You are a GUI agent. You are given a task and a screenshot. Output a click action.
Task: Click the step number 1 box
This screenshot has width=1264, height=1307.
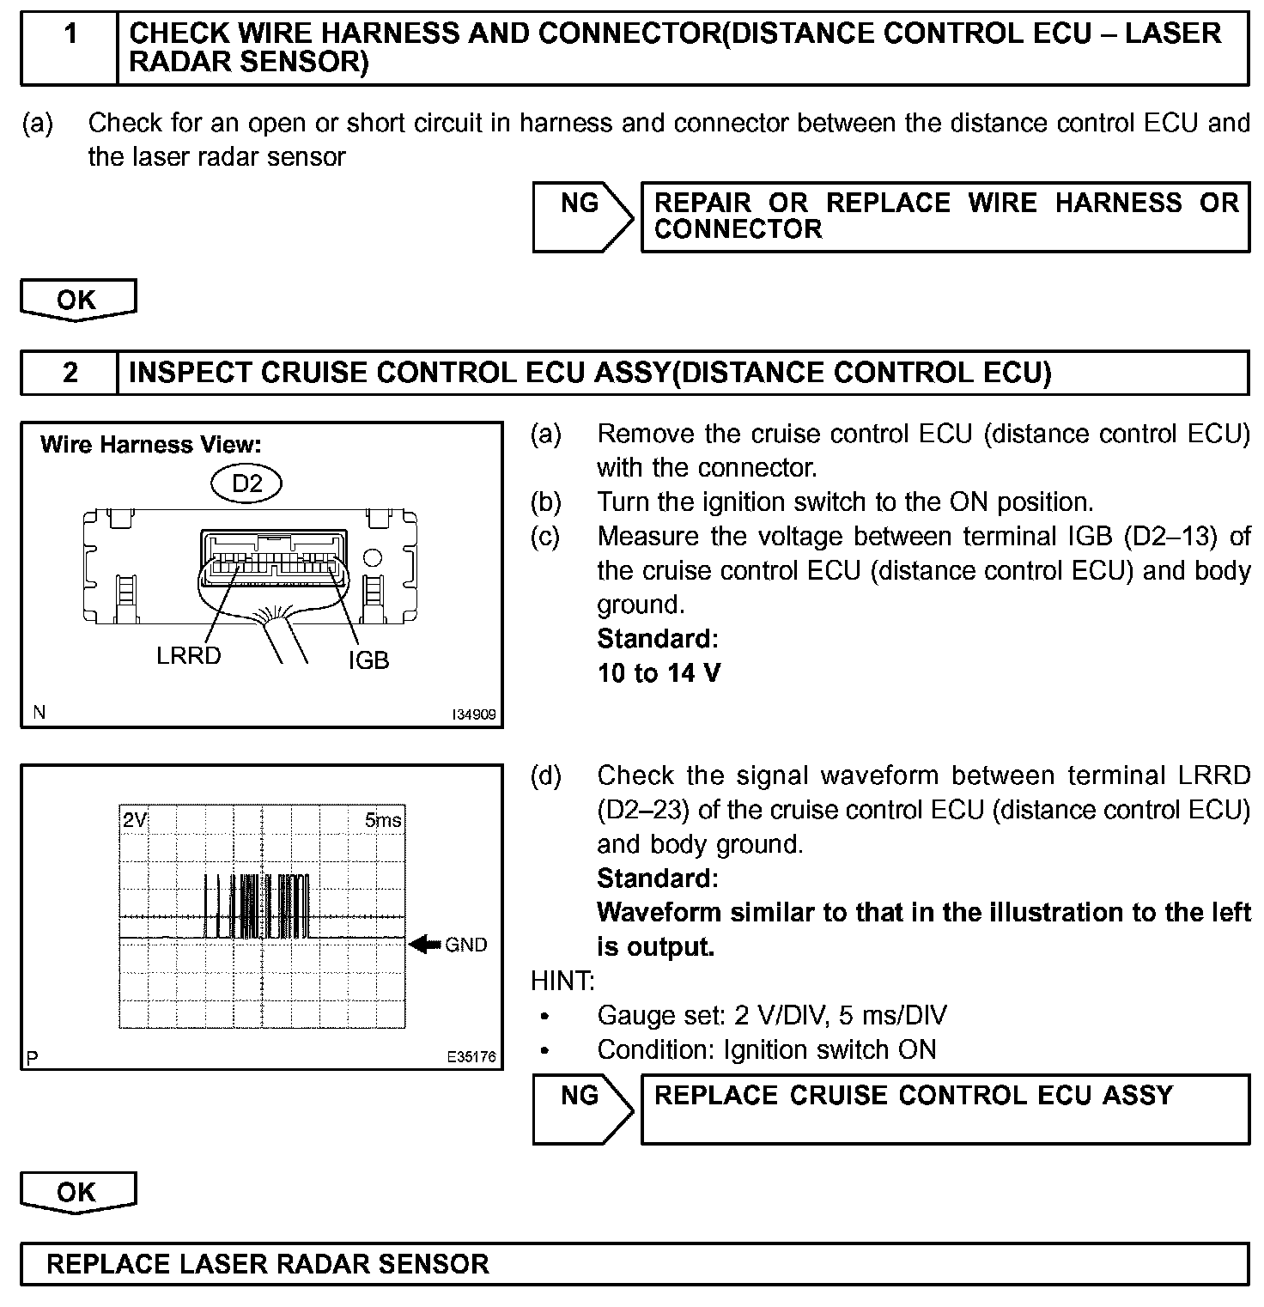click(x=70, y=47)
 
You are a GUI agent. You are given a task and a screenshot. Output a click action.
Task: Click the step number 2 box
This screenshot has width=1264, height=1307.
click(x=70, y=373)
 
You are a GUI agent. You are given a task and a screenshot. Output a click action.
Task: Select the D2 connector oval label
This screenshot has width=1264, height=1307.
click(x=247, y=483)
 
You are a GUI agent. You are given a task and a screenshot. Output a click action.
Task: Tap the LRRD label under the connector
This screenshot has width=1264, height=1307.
click(x=189, y=656)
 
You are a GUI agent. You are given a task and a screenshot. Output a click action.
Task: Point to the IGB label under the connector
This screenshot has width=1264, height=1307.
click(x=368, y=660)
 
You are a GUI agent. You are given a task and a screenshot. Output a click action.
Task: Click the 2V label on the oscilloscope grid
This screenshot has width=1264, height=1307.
click(x=135, y=820)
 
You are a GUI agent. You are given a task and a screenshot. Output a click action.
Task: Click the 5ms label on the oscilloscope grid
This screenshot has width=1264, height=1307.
click(x=383, y=820)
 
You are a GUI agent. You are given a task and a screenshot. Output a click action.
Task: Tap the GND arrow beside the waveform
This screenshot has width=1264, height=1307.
click(x=424, y=945)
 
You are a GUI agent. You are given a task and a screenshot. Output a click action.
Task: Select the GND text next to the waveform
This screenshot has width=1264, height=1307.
click(x=466, y=945)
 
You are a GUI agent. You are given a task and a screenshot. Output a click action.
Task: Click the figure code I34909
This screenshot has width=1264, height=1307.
click(x=475, y=714)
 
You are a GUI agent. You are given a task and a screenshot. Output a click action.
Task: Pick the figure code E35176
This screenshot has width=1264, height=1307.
click(x=471, y=1057)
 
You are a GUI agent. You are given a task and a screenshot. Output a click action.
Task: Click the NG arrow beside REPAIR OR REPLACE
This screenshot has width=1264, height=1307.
click(x=582, y=216)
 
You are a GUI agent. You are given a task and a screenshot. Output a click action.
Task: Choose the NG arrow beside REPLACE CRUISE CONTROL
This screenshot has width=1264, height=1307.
click(x=582, y=1109)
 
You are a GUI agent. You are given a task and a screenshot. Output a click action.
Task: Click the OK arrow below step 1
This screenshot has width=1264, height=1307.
click(x=77, y=300)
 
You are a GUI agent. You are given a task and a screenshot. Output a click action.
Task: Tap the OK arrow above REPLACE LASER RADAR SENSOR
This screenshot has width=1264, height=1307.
click(x=77, y=1192)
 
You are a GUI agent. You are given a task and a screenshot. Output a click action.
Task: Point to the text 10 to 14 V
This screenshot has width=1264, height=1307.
click(x=659, y=673)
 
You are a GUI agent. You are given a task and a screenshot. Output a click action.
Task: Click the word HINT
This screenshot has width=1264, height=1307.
click(x=563, y=981)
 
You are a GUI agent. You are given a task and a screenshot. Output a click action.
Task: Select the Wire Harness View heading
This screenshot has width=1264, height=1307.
click(x=150, y=445)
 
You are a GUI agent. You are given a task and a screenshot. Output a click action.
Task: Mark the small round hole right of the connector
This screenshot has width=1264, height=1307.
click(x=373, y=558)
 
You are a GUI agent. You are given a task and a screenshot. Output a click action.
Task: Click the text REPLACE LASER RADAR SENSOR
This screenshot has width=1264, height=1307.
click(x=268, y=1264)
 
